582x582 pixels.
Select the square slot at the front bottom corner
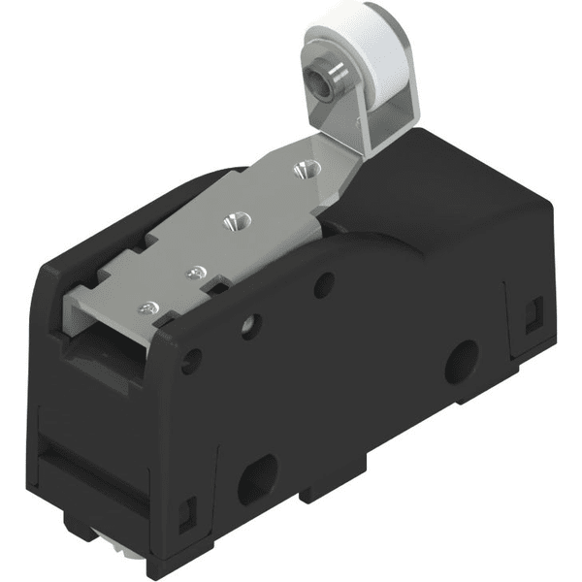coord(190,508)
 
